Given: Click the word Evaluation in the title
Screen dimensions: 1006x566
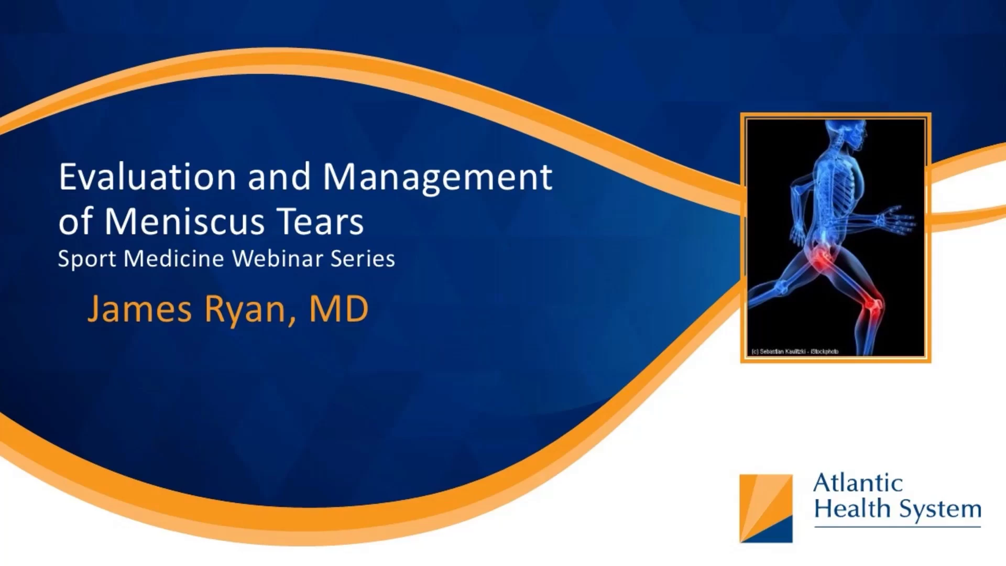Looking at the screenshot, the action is point(147,177).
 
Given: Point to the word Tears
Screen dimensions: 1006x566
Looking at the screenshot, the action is point(320,221).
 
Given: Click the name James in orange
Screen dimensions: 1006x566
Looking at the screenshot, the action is point(140,309).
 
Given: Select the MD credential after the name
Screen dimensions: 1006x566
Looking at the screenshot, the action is point(338,309).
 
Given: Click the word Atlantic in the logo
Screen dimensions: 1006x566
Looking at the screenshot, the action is point(858,483).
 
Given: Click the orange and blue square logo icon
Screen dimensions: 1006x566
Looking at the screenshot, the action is point(766,508).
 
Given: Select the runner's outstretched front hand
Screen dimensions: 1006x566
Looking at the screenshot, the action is point(896,220).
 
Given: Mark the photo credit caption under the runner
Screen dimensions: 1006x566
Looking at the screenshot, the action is point(795,352).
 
